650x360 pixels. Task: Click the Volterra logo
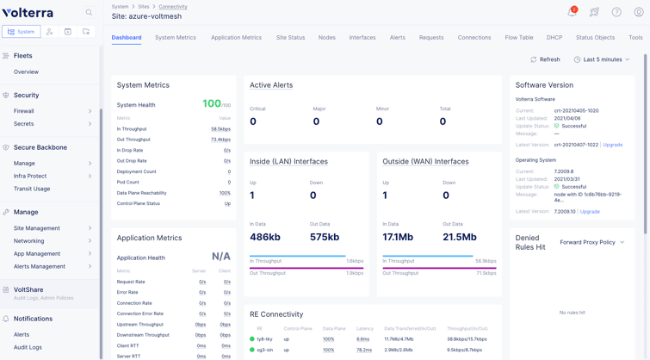point(28,13)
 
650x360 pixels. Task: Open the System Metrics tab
point(175,38)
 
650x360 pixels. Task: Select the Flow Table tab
point(518,38)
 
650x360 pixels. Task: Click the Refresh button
point(545,59)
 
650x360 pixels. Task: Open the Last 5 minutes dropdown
point(602,59)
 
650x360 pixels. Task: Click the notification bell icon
point(572,12)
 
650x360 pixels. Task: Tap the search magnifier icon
point(89,13)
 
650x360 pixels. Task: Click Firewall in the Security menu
point(24,111)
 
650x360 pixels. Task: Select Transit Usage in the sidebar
point(32,189)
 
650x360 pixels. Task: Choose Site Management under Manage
point(37,228)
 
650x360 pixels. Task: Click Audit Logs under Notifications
point(28,347)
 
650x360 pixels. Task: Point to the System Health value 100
point(212,103)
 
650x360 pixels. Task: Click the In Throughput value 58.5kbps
point(220,129)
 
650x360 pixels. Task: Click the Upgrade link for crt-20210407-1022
point(612,145)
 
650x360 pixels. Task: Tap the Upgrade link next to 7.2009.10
point(590,212)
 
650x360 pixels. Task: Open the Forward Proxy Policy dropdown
point(592,243)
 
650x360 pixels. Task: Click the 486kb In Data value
point(264,237)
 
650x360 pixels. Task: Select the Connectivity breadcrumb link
point(173,7)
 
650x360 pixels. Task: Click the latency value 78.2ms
point(363,350)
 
